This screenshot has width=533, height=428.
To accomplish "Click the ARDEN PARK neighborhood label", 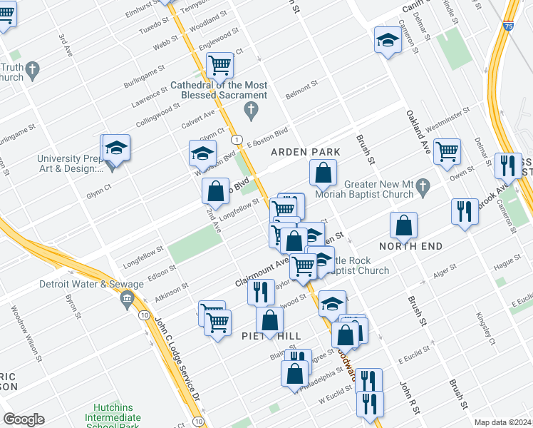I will coord(305,153).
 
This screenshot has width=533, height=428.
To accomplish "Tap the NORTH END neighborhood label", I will coord(410,246).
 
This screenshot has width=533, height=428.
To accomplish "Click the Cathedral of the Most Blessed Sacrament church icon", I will coord(250,110).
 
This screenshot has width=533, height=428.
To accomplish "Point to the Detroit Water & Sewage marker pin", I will coord(128,297).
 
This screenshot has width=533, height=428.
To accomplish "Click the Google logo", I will coord(24,419).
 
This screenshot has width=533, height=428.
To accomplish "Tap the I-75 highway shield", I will coord(507,26).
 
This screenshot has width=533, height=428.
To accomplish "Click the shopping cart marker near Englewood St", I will coord(219,65).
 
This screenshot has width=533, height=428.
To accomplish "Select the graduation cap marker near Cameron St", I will coord(388,39).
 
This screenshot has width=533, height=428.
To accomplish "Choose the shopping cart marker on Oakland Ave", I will coord(447,151).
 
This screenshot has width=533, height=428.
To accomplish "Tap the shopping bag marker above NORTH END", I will coord(403,225).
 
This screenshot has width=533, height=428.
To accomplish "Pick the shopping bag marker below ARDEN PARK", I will coord(323,172).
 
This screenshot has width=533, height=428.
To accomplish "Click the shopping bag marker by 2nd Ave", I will coord(214,191).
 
